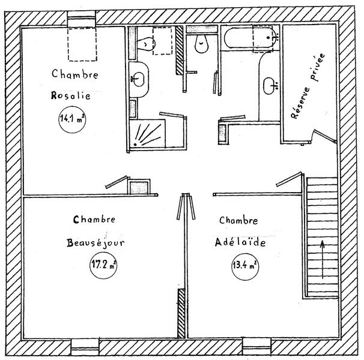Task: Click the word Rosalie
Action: point(70,95)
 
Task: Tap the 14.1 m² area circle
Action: point(72,119)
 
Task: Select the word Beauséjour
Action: point(96,243)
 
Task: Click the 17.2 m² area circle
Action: point(103,265)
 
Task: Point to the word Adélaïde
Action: point(240,242)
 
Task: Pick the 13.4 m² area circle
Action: point(245,266)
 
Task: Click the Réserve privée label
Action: point(308,86)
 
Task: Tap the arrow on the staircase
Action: point(323,259)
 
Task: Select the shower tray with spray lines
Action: point(147,133)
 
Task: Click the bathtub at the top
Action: point(251,38)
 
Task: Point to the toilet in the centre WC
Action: point(201,44)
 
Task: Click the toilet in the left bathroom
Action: point(146,44)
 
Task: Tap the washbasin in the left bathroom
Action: point(138,79)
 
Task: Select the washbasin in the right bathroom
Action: point(270,86)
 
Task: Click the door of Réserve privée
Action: point(324,136)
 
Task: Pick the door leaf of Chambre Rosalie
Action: point(117,182)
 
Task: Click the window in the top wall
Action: point(82,19)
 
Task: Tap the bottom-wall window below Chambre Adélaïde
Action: point(256,346)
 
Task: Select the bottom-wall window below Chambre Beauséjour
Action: point(85,347)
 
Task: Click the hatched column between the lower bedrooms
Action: point(181,313)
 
